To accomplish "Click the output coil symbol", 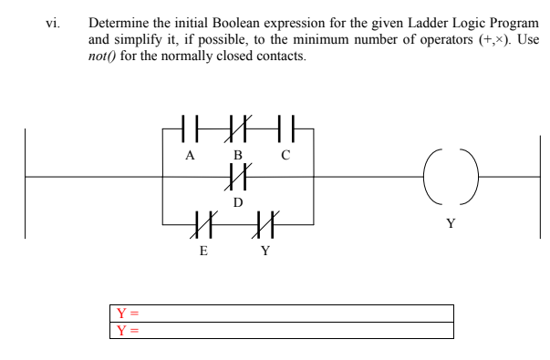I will [449, 177].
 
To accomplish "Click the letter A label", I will [190, 155].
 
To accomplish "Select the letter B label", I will [238, 155].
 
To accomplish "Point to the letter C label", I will [285, 155].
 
